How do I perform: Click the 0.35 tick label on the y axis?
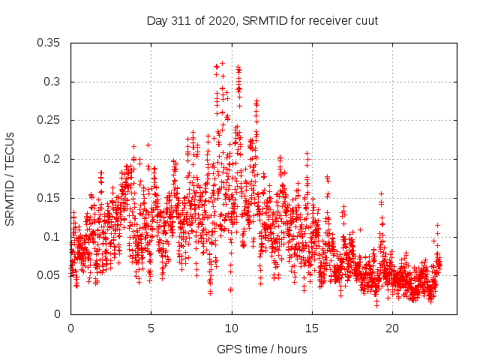pyautogui.click(x=49, y=43)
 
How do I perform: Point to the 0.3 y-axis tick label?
pyautogui.click(x=52, y=82)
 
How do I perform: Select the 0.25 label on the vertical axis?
pyautogui.click(x=49, y=120)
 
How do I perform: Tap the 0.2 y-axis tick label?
pyautogui.click(x=52, y=159)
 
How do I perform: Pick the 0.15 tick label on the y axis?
pyautogui.click(x=49, y=198)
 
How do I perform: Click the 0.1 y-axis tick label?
pyautogui.click(x=52, y=236)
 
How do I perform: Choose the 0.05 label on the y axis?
pyautogui.click(x=49, y=275)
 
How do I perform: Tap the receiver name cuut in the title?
pyautogui.click(x=365, y=20)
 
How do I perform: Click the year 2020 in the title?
pyautogui.click(x=220, y=20)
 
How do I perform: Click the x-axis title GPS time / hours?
pyautogui.click(x=262, y=349)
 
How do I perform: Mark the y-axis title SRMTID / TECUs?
pyautogui.click(x=10, y=178)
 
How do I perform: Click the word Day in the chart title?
pyautogui.click(x=157, y=20)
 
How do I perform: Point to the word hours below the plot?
pyautogui.click(x=292, y=349)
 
